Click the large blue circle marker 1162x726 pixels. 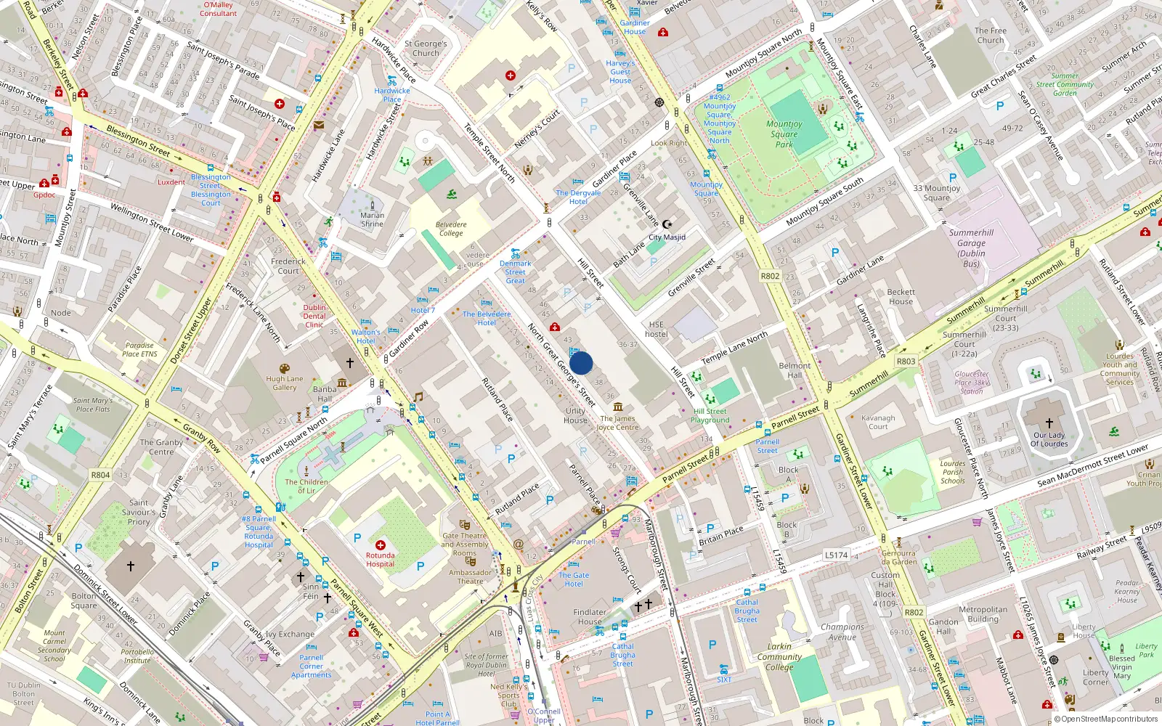pos(581,363)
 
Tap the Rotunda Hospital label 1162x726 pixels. pos(380,560)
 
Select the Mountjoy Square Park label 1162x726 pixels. pos(784,134)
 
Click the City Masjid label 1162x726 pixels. pos(667,237)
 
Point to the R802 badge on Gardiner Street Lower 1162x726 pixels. pos(914,612)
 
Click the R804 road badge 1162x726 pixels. pos(100,475)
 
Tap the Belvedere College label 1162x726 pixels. pos(451,229)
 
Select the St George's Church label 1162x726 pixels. pos(426,49)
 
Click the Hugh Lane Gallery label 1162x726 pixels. pos(285,383)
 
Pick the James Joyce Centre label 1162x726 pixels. pos(617,423)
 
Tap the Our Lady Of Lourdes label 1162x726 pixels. pos(1049,439)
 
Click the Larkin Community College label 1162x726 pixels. pos(779,656)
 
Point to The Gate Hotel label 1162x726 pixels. pos(574,579)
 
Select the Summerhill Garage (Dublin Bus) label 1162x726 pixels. pos(971,248)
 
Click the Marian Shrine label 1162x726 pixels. pos(372,219)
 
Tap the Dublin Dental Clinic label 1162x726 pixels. pos(314,316)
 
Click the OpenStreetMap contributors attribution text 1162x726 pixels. pos(1109,719)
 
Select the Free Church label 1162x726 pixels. pos(991,36)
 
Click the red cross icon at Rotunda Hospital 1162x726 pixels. pos(380,544)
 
